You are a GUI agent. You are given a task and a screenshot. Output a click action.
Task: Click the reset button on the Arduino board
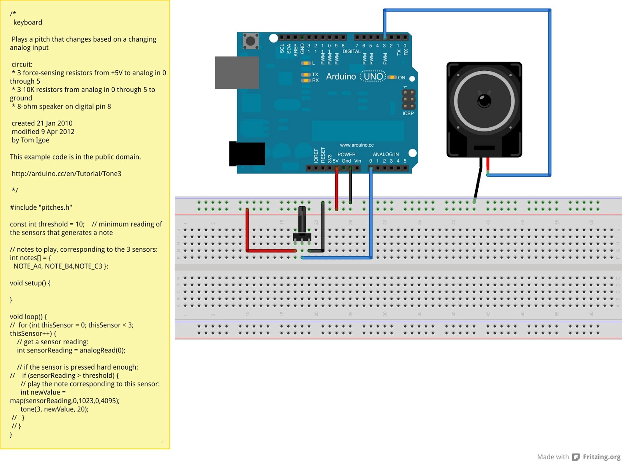tap(251, 41)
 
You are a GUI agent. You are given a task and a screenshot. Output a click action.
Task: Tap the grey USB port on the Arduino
tap(237, 72)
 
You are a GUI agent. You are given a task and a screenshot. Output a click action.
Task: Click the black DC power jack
tap(247, 154)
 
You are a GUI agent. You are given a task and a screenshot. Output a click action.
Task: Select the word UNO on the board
tap(373, 77)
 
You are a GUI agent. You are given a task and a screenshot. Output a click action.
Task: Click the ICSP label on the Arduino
tap(408, 114)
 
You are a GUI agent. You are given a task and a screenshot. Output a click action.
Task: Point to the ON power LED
tap(392, 77)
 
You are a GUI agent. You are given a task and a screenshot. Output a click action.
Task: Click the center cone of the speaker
tap(484, 101)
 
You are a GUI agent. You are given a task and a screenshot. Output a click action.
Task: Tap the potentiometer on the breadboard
tap(302, 226)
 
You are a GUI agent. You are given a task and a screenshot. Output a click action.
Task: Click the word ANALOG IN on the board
tap(386, 154)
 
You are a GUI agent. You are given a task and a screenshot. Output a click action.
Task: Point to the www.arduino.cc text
tap(356, 145)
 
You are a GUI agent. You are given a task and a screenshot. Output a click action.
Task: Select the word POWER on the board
tap(346, 154)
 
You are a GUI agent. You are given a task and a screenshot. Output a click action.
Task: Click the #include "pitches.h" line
tap(41, 207)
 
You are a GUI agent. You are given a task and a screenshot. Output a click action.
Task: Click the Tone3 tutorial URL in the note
tap(66, 174)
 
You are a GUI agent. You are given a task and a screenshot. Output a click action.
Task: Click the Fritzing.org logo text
tap(601, 457)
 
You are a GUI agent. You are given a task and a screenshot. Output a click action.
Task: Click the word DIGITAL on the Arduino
tap(351, 51)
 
